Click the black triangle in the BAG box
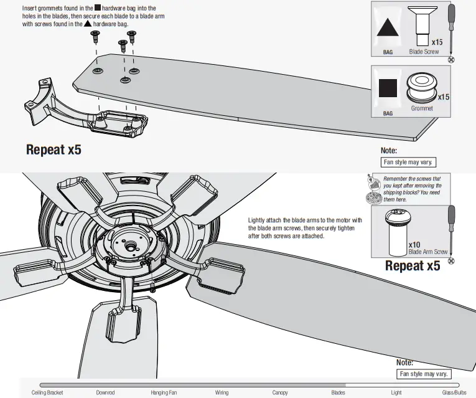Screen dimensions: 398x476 387,30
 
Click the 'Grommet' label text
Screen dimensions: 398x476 422,108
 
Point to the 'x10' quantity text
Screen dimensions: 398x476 416,245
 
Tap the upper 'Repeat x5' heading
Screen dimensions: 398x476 54,149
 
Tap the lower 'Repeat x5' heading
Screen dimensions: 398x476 413,266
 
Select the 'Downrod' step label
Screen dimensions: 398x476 105,393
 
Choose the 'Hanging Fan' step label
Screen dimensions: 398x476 164,393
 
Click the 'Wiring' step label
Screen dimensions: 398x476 222,393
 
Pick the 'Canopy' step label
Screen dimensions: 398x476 280,393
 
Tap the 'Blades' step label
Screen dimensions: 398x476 338,393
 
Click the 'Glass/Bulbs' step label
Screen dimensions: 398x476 454,393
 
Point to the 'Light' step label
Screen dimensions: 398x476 396,393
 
